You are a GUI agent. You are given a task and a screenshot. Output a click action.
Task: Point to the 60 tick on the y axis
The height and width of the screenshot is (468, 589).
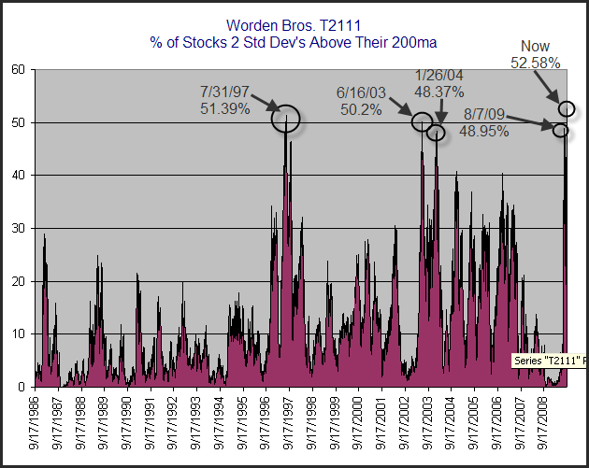pyautogui.click(x=18, y=70)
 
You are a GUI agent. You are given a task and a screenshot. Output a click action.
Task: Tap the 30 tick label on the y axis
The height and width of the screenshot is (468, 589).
pyautogui.click(x=18, y=228)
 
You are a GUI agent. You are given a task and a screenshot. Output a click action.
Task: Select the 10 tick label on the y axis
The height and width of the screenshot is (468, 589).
pyautogui.click(x=18, y=333)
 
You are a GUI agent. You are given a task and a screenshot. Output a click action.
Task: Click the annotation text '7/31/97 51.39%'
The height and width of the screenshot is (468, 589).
pyautogui.click(x=225, y=101)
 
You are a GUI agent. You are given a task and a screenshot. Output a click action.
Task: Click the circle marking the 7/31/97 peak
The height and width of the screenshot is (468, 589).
pyautogui.click(x=286, y=119)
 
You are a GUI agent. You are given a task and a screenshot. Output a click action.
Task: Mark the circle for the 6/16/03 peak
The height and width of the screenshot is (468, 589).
pyautogui.click(x=422, y=121)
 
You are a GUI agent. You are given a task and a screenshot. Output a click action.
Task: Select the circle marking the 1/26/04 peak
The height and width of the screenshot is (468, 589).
pyautogui.click(x=436, y=133)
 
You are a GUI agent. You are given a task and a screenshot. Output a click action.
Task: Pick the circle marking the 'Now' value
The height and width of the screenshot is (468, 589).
pyautogui.click(x=567, y=108)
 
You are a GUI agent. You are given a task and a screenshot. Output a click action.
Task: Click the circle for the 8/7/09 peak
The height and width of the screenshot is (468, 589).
pyautogui.click(x=561, y=130)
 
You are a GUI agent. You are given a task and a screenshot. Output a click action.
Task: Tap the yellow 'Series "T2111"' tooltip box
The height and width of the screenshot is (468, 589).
pyautogui.click(x=550, y=361)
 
